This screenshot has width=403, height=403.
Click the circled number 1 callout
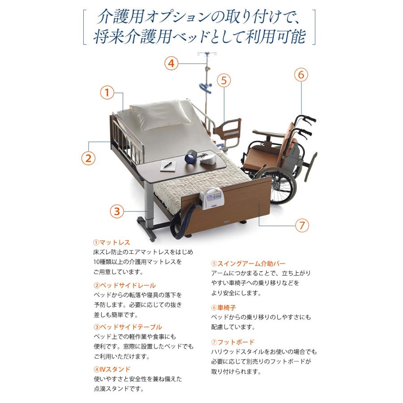coord(107,93)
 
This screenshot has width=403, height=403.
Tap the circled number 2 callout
coord(88,158)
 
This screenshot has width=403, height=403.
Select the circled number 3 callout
coord(117,211)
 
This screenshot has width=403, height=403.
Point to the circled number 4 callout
coord(171,63)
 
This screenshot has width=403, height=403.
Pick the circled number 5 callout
coord(224,81)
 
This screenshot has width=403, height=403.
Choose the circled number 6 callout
coord(301,75)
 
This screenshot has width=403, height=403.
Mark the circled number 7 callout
coord(302,225)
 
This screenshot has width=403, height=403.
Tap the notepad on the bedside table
coord(168,166)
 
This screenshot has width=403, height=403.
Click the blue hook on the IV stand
coord(206,88)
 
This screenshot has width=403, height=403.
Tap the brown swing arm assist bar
coord(227,131)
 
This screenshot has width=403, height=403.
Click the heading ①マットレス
coord(111,242)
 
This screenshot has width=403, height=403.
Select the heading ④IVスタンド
coord(112,369)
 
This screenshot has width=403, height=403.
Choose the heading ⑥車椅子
coord(223,307)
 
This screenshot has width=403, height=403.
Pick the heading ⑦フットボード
coord(232,342)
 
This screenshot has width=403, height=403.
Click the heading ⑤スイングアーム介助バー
coord(248,263)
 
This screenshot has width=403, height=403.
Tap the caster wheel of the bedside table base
coord(152,238)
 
